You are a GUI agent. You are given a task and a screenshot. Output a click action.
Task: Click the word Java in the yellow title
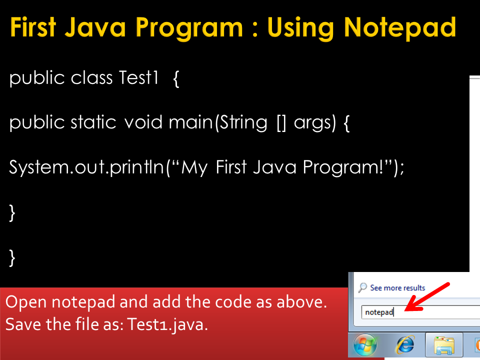(x=106, y=27)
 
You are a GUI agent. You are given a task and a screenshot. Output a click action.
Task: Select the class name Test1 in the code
(x=139, y=78)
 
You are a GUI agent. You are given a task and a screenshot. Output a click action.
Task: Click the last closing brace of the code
(x=12, y=257)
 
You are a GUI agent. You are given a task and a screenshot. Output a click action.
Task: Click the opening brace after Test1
(x=176, y=79)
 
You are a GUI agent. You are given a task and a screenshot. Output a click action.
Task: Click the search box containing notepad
(x=415, y=312)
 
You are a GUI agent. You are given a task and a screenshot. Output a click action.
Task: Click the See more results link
(x=397, y=288)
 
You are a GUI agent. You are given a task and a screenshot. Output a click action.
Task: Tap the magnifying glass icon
(x=363, y=287)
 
